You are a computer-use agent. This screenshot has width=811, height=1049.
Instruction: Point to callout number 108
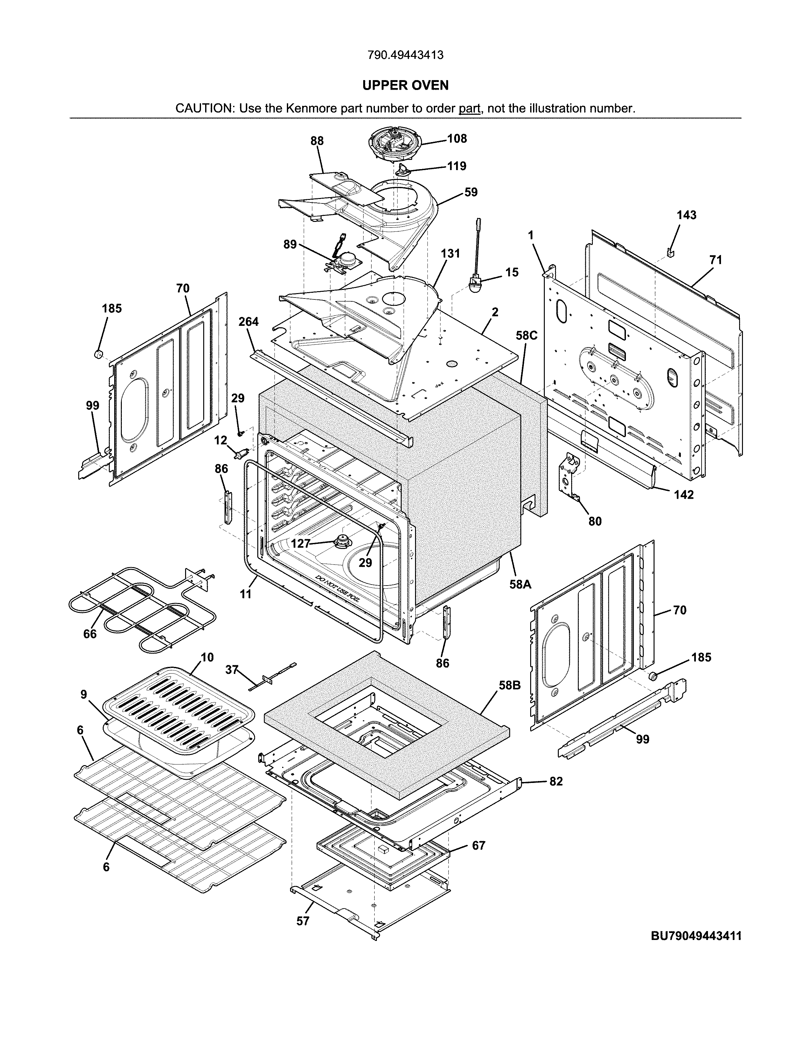457,139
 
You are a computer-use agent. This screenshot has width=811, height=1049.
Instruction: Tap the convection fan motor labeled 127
343,542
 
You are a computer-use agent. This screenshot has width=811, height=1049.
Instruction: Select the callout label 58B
509,685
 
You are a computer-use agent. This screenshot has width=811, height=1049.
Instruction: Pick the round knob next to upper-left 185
99,354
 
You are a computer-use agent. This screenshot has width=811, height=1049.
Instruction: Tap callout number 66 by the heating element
90,634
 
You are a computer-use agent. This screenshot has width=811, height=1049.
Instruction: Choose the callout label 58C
527,335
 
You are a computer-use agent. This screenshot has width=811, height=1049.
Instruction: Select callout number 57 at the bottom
303,921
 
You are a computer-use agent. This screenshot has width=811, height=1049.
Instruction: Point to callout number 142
684,495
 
